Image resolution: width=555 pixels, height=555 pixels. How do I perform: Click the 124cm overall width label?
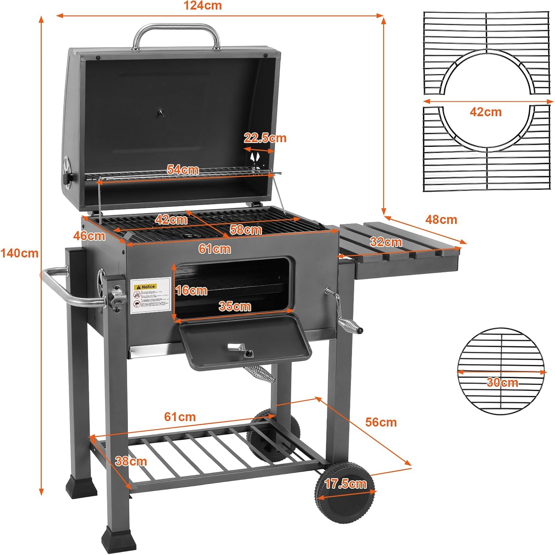point(203,6)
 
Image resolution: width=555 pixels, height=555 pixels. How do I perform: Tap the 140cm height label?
point(19,253)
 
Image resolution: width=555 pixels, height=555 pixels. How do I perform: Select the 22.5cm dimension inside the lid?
point(265,138)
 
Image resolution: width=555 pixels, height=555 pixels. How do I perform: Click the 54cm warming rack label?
point(183,169)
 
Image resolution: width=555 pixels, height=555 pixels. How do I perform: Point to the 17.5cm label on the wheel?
point(345,484)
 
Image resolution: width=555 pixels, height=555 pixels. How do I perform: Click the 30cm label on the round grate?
point(502,382)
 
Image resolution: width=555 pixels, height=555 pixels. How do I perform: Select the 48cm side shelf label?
point(441,219)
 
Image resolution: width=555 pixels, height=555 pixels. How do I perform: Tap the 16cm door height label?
point(191,290)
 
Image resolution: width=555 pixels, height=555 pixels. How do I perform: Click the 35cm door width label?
point(234,306)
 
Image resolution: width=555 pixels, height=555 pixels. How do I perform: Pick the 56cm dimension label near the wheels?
point(381,422)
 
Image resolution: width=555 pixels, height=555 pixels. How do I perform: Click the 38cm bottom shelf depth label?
point(131,461)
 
